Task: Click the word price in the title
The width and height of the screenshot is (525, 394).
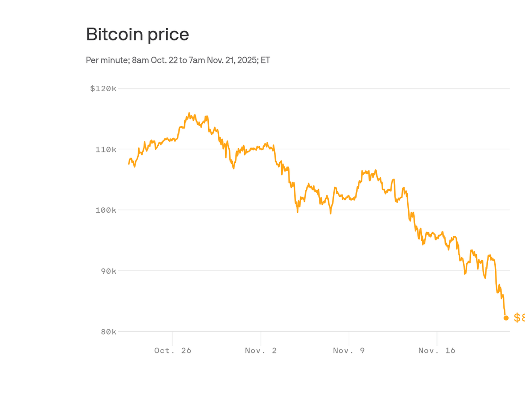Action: pyautogui.click(x=168, y=35)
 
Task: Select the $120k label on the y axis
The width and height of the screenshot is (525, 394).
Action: pyautogui.click(x=103, y=89)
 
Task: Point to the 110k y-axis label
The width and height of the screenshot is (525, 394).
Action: pyautogui.click(x=106, y=149)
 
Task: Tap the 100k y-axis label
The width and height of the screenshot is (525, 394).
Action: pyautogui.click(x=106, y=210)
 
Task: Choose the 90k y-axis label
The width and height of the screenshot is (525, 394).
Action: pyautogui.click(x=109, y=271)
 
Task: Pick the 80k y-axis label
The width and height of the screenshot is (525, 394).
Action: pyautogui.click(x=109, y=332)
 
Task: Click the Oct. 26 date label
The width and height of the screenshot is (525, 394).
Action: pyautogui.click(x=173, y=350)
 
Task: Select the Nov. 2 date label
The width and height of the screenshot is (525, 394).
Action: pyautogui.click(x=261, y=350)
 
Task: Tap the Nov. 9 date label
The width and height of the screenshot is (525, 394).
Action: pyautogui.click(x=349, y=350)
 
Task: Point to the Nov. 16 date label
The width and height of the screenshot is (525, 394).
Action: pyautogui.click(x=437, y=350)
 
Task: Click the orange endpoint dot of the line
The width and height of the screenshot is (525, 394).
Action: pyautogui.click(x=506, y=318)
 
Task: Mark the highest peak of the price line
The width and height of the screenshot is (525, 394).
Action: pyautogui.click(x=189, y=113)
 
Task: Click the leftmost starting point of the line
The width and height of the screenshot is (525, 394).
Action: pyautogui.click(x=129, y=164)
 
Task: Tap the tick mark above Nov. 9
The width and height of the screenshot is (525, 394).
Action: pyautogui.click(x=349, y=338)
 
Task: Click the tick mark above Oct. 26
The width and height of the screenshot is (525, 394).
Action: pyautogui.click(x=173, y=338)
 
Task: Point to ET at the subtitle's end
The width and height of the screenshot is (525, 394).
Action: pyautogui.click(x=265, y=60)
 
